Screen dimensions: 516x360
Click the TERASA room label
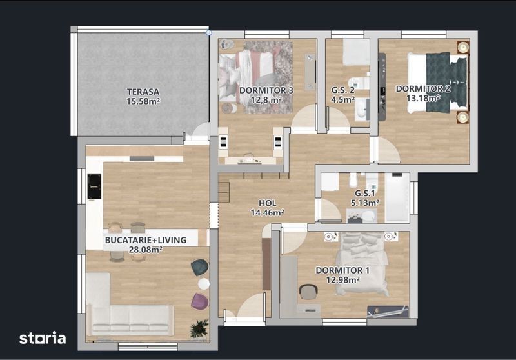(143, 92)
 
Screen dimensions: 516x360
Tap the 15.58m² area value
(143, 101)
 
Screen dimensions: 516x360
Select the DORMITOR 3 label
(266, 90)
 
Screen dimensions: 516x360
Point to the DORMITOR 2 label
(423, 88)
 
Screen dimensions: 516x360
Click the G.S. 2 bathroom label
(343, 90)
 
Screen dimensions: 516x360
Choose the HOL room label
(267, 203)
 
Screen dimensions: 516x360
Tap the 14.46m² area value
(267, 212)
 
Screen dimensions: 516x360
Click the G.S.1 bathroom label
(365, 194)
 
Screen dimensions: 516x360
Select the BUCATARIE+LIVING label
(146, 240)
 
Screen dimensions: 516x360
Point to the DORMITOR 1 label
(342, 270)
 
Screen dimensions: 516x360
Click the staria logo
(43, 338)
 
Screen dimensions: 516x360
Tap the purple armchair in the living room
(200, 301)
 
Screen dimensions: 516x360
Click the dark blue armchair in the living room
(200, 267)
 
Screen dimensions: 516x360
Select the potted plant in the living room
(199, 328)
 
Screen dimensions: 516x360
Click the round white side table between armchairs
(204, 284)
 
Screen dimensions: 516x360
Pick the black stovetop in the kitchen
(94, 186)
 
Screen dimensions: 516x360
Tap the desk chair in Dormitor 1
(308, 292)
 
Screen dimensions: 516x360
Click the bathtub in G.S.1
(397, 197)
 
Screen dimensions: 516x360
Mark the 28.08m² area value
(146, 250)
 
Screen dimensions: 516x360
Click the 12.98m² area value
(342, 280)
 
